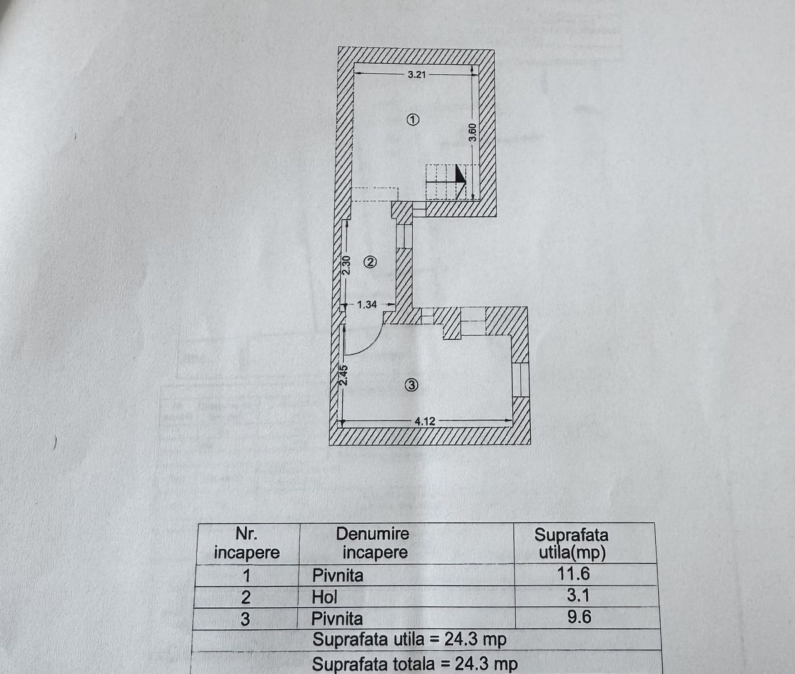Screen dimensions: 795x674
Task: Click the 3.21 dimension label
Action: [x=417, y=74]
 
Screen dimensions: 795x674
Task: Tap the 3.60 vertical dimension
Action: [x=473, y=132]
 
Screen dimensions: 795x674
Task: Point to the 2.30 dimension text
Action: [x=346, y=265]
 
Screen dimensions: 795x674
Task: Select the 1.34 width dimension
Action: [x=367, y=305]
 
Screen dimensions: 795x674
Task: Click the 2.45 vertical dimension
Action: [x=344, y=374]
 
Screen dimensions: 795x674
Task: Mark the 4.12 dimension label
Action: [x=425, y=421]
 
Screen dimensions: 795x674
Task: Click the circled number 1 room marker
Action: [x=413, y=120]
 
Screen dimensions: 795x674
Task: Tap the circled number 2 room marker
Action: [x=370, y=263]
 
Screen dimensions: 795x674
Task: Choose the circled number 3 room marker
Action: [x=411, y=385]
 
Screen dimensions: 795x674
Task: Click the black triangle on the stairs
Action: [x=459, y=174]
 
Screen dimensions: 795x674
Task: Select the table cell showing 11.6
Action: [x=573, y=574]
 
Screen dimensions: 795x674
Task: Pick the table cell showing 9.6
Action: [x=579, y=617]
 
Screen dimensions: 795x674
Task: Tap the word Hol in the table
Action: [x=324, y=597]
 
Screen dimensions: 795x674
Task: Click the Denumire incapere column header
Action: [x=373, y=543]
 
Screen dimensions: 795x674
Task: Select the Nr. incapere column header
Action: [x=247, y=544]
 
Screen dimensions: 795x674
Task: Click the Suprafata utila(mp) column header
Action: [x=571, y=544]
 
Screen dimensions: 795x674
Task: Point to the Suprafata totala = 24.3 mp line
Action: [x=415, y=663]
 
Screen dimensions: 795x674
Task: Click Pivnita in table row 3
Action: [x=337, y=618]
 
